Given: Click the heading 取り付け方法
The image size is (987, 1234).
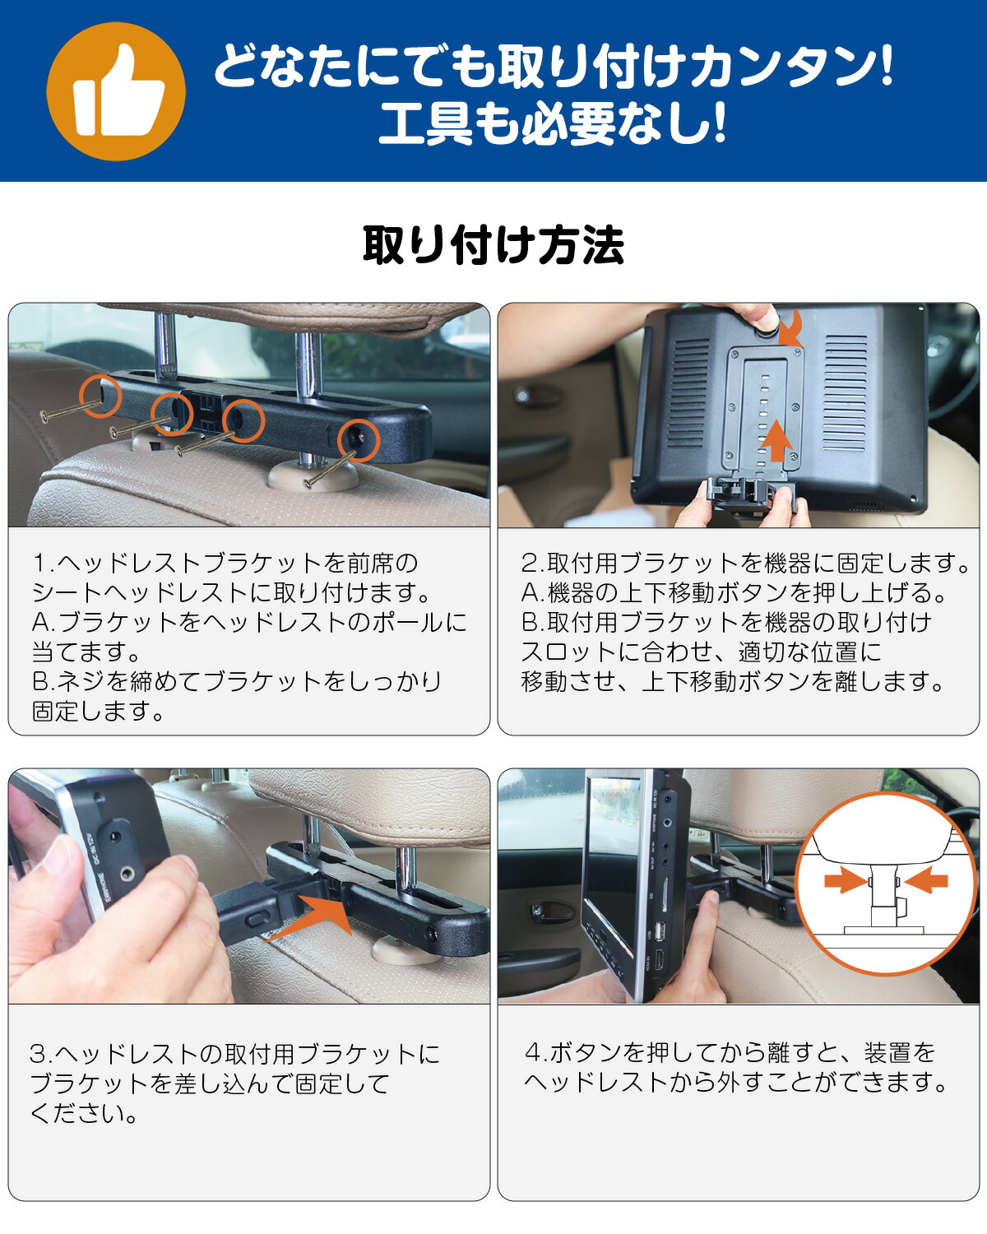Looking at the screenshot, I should [493, 246].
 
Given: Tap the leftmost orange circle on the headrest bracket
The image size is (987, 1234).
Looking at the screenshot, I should [101, 396].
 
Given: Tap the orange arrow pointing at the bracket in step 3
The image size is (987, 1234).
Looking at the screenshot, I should [308, 917].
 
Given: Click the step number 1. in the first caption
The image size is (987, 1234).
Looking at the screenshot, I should [44, 564].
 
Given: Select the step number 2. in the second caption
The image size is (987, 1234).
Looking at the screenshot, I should [533, 564].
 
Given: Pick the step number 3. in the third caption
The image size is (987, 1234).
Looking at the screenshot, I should [41, 1055].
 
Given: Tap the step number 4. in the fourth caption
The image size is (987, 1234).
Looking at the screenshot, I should [535, 1053].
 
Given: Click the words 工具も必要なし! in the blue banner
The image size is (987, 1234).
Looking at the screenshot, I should [553, 123].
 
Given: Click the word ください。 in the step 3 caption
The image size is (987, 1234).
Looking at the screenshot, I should [84, 1114].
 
